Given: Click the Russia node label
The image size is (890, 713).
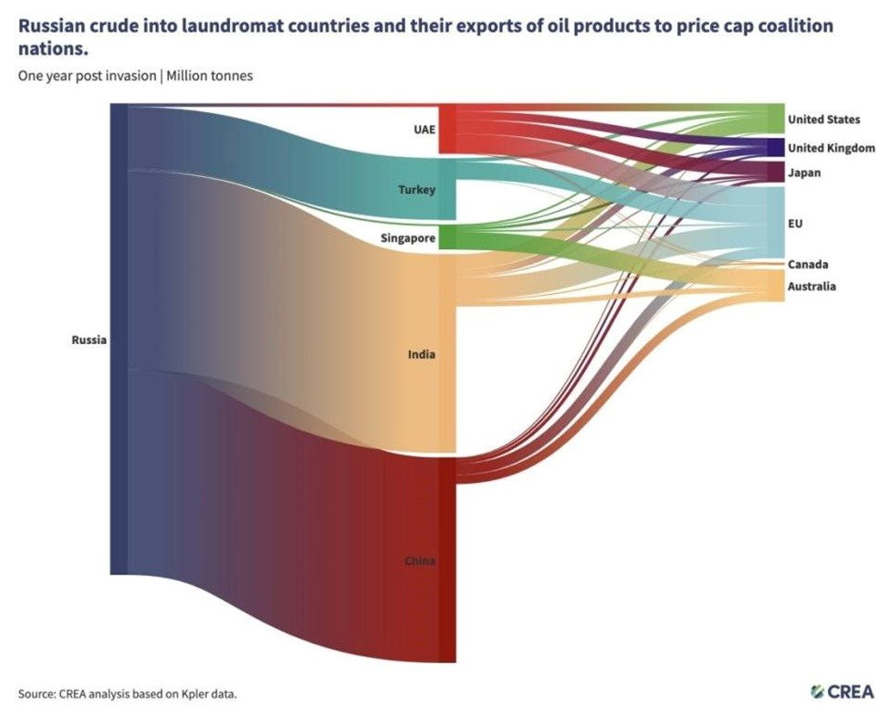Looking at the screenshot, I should [x=89, y=341].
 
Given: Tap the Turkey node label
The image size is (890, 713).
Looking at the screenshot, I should [x=416, y=190].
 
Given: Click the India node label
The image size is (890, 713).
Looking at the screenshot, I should [x=421, y=353].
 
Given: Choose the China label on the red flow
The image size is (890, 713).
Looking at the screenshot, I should [x=420, y=561].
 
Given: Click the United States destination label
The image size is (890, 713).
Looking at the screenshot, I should [x=823, y=120].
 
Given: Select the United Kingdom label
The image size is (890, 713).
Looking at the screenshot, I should [x=831, y=148].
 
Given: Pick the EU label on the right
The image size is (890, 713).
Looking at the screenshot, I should [x=795, y=223].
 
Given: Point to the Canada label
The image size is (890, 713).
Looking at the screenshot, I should [x=808, y=265].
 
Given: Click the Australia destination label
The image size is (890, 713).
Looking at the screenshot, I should [x=812, y=287].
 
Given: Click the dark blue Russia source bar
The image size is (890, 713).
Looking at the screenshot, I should [x=119, y=340].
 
